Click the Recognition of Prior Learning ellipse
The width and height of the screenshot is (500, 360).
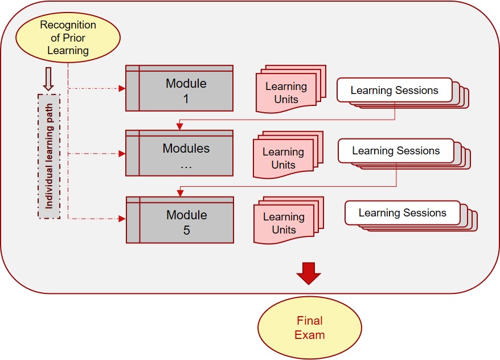[68, 38]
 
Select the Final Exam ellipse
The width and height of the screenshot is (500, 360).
[309, 328]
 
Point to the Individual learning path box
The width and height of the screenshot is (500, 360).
[48, 157]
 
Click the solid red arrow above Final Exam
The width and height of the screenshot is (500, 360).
[309, 272]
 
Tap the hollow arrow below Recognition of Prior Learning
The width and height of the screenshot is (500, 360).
[48, 79]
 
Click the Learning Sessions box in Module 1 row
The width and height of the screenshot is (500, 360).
[394, 90]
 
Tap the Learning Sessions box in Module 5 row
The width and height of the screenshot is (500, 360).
[402, 212]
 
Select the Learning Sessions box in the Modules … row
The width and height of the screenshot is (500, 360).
[396, 151]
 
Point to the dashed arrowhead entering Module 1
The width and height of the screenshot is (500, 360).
[121, 88]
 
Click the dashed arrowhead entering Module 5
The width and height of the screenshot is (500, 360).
[121, 218]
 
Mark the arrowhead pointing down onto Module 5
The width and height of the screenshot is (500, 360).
[179, 193]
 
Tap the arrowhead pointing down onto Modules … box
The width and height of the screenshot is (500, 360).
[179, 126]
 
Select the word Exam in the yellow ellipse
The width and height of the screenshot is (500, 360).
[309, 334]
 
